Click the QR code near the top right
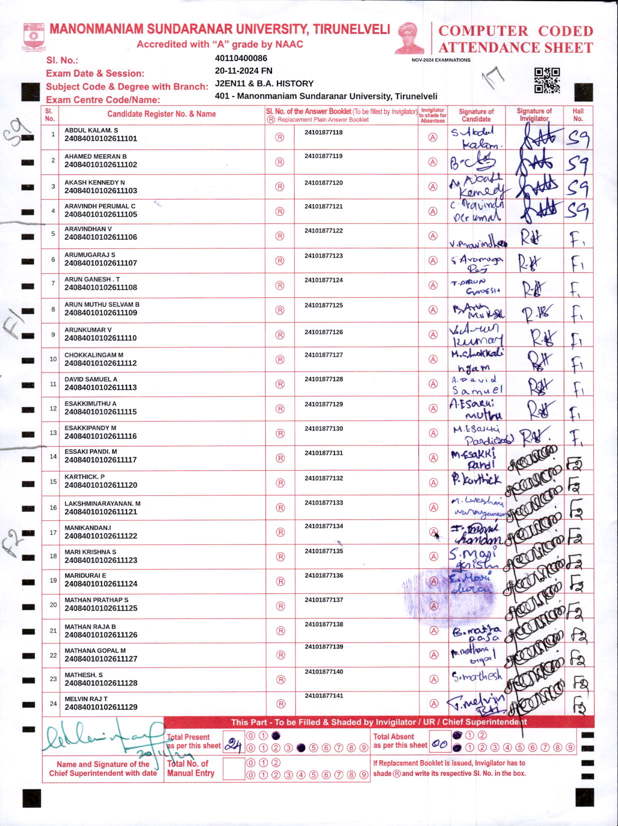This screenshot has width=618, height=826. (x=547, y=80)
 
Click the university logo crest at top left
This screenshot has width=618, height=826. (x=34, y=37)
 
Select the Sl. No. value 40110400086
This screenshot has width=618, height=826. (x=241, y=58)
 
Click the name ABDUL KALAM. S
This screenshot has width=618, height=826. (x=91, y=130)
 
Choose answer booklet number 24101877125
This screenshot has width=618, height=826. (x=323, y=305)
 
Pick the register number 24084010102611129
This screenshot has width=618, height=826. (x=100, y=707)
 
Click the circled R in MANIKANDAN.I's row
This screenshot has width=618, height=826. (x=280, y=532)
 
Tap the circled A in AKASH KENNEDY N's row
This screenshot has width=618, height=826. (x=433, y=186)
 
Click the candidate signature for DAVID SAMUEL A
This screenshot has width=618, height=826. (x=475, y=384)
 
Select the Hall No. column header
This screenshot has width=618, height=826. (x=578, y=115)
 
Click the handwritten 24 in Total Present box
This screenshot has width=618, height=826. (x=232, y=745)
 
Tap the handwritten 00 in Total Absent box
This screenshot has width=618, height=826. (x=439, y=744)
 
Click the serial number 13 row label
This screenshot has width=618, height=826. (x=53, y=433)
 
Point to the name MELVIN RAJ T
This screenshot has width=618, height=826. (x=86, y=698)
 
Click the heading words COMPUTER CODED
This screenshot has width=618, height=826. (x=515, y=31)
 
